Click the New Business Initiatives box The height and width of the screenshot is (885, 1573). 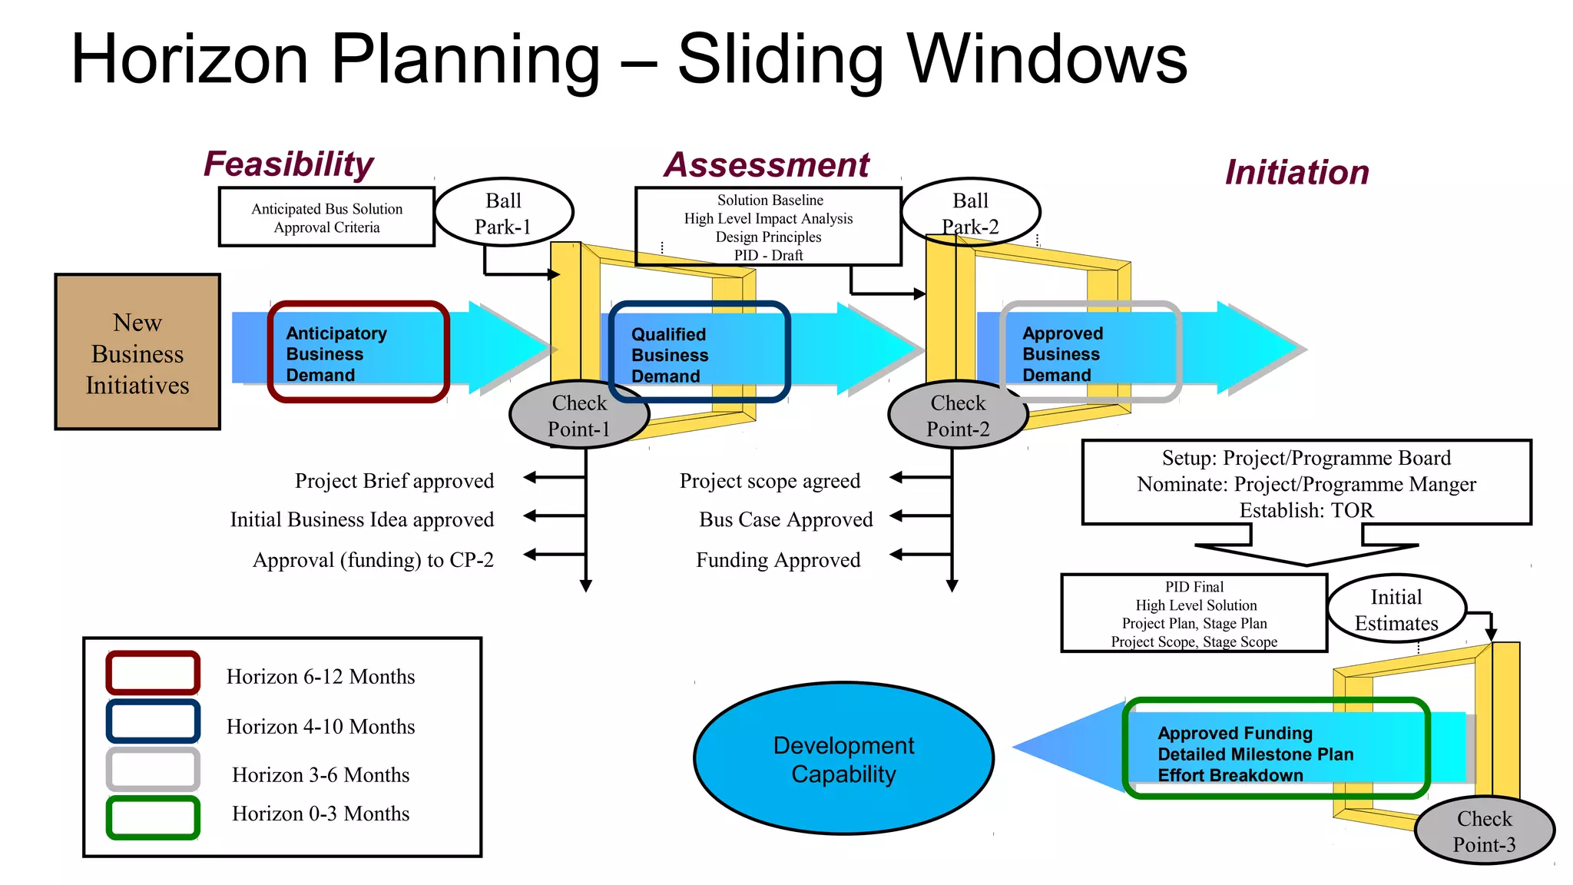(x=137, y=352)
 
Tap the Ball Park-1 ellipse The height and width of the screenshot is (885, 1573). (x=503, y=213)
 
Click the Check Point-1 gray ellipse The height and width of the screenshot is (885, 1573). (x=578, y=416)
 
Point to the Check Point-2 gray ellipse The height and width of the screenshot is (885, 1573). (x=957, y=416)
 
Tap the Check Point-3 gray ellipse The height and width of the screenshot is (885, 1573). (x=1484, y=831)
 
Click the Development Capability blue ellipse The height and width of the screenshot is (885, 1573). (x=843, y=759)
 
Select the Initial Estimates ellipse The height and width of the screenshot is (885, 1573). (x=1396, y=609)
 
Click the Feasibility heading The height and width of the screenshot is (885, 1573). (x=288, y=164)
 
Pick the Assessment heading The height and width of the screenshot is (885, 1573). (x=767, y=165)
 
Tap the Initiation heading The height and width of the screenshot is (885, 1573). (x=1296, y=172)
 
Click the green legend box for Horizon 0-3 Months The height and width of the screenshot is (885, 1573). (x=153, y=817)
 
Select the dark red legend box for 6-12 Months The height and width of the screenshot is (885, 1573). (x=153, y=673)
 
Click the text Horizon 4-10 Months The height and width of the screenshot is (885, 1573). (x=320, y=727)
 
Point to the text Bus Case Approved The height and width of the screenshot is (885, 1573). (x=786, y=520)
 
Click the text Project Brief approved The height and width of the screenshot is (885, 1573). (x=394, y=481)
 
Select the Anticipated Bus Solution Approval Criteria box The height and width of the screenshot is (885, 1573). (x=326, y=217)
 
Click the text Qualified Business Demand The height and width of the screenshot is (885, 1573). (x=669, y=355)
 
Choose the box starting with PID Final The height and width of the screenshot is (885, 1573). (x=1194, y=614)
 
